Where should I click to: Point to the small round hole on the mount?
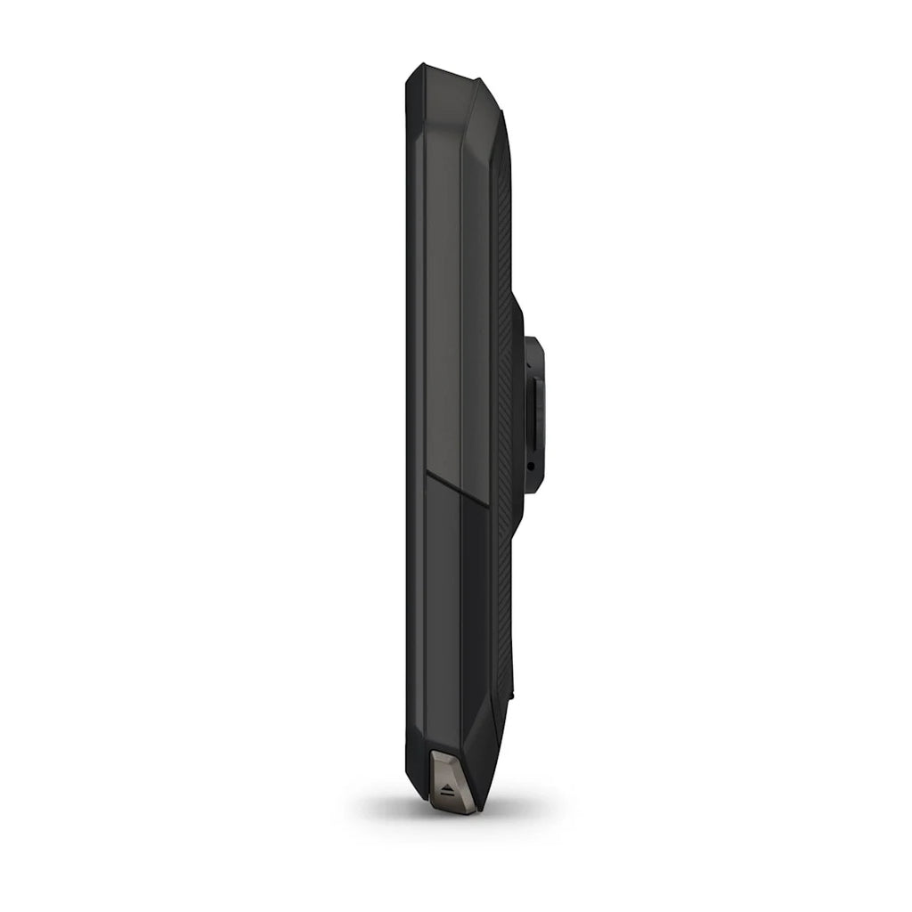coord(531,465)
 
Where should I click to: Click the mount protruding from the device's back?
coord(533,414)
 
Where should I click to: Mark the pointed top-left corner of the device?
coord(411,69)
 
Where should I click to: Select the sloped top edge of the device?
coord(445,71)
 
